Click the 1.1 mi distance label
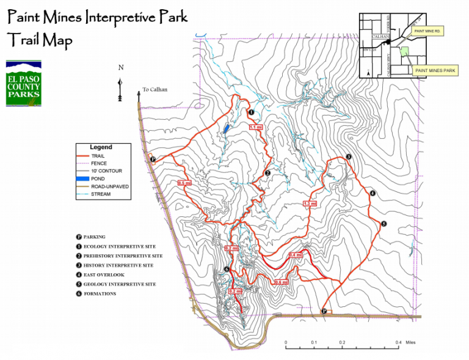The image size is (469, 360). pos(256,127)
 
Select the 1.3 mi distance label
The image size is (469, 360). pos(310,204)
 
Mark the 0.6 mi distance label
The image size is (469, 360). pos(281,282)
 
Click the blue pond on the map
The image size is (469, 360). pos(226,128)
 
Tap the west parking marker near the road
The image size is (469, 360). pos(152,160)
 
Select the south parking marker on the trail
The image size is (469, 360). pos(324,312)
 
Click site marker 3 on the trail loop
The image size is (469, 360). pos(348,157)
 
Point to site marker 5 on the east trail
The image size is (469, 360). pos(384,224)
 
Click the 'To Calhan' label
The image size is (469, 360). pos(155,90)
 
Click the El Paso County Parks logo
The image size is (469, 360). pos(23,83)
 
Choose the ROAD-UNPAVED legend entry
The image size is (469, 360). pos(110,186)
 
